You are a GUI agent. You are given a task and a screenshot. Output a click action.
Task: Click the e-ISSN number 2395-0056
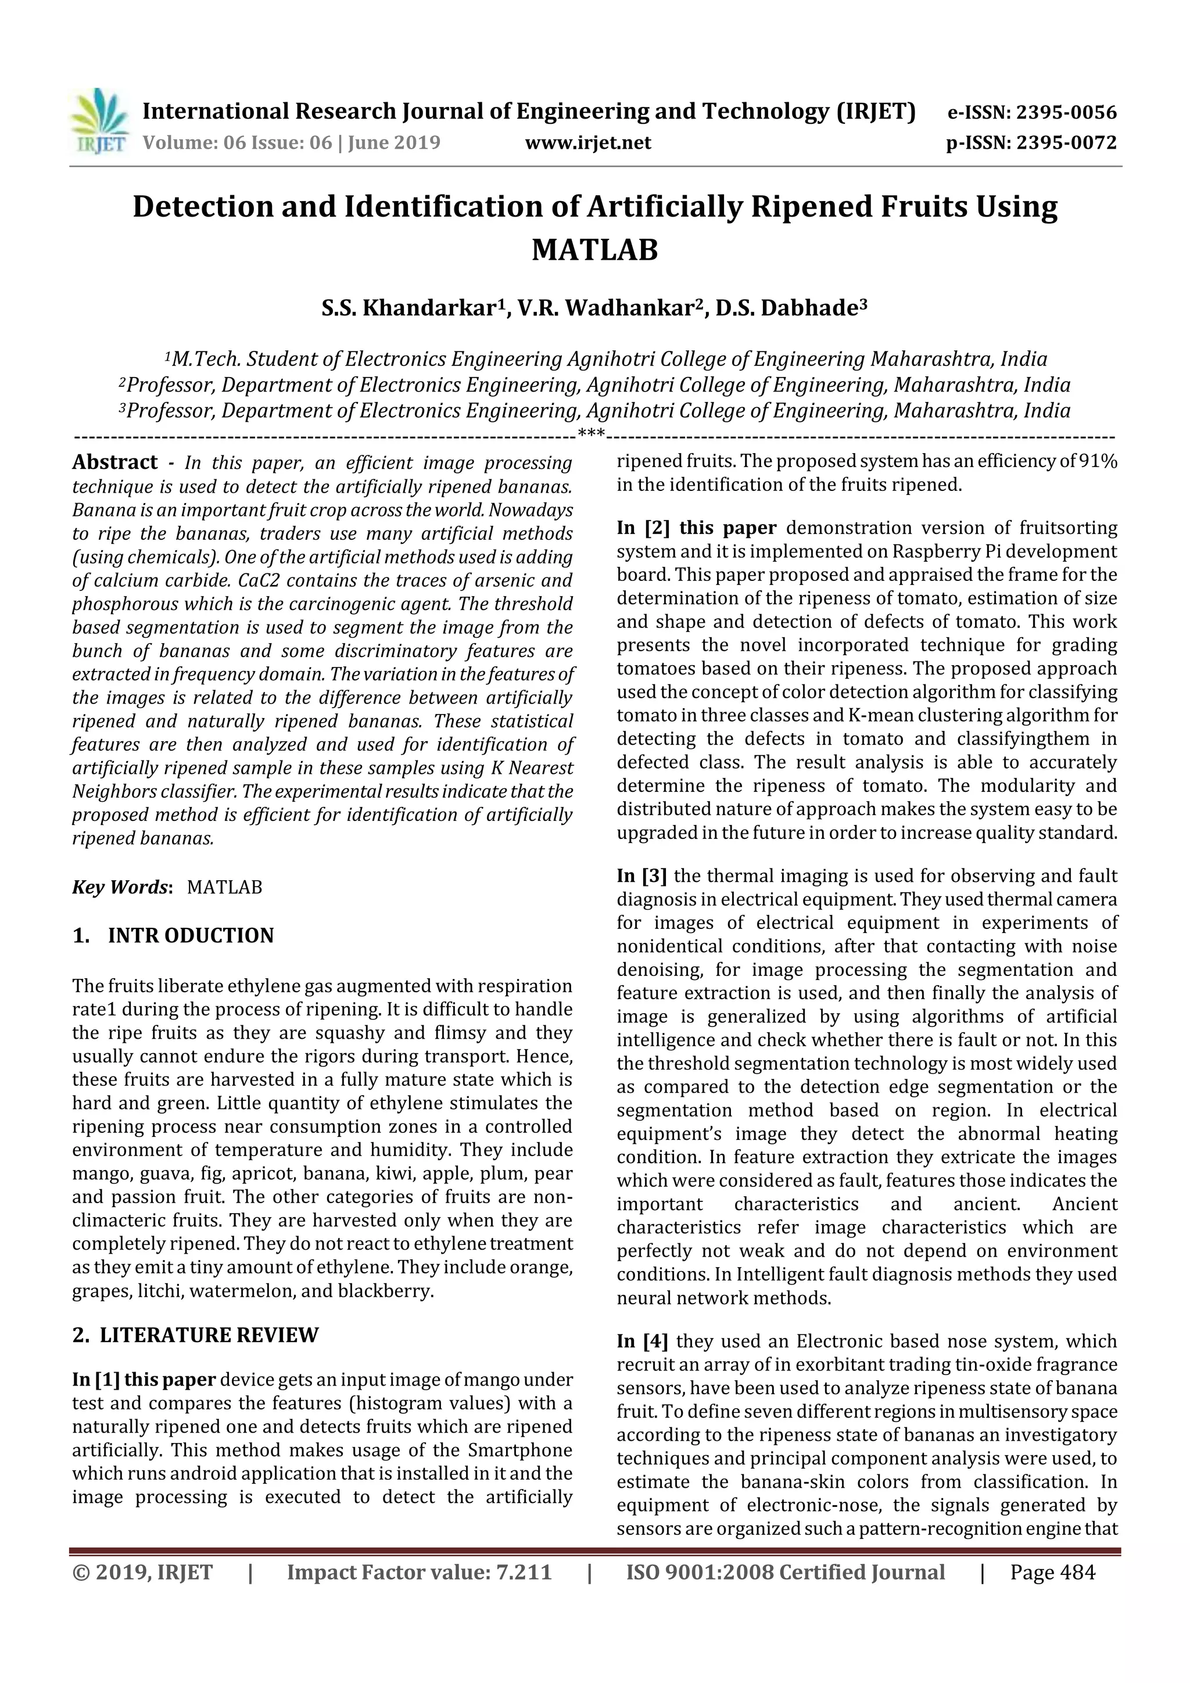pos(1066,112)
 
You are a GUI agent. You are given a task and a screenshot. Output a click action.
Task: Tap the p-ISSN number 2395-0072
pos(1066,142)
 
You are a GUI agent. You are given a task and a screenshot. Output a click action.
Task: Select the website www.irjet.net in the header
pos(588,142)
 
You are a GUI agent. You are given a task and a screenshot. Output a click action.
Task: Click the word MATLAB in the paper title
pos(594,250)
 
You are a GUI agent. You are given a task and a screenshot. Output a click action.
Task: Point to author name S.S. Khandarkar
pos(409,308)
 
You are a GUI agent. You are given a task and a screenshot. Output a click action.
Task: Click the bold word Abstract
pos(114,462)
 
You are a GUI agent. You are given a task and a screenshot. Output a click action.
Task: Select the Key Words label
pos(121,887)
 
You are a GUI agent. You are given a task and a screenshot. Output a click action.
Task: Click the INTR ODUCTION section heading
pos(190,936)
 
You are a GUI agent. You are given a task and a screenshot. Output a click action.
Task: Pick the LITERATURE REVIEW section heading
pos(209,1335)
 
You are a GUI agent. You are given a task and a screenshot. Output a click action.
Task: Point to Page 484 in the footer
pos(1052,1572)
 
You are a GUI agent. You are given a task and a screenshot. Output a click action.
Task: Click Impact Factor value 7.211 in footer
pos(419,1572)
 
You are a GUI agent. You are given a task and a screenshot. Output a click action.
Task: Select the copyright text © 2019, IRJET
pos(142,1572)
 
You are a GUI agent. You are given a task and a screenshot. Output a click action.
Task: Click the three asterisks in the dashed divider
pos(591,434)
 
